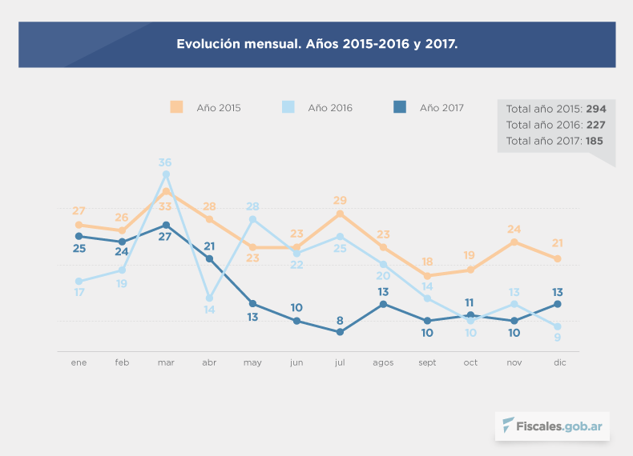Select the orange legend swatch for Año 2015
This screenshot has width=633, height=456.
pyautogui.click(x=176, y=107)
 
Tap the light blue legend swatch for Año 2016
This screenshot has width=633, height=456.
pyautogui.click(x=288, y=107)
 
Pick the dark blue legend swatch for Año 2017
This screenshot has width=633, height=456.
pyautogui.click(x=401, y=107)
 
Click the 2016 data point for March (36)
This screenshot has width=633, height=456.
pyautogui.click(x=166, y=174)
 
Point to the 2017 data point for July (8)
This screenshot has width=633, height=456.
pyautogui.click(x=340, y=332)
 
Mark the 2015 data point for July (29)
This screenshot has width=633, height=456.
pyautogui.click(x=340, y=214)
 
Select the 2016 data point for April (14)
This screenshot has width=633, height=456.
pyautogui.click(x=209, y=298)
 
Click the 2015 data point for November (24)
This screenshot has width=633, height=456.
pyautogui.click(x=514, y=242)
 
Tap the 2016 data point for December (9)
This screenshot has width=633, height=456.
pyautogui.click(x=557, y=326)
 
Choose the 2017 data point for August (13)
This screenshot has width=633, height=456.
pyautogui.click(x=383, y=304)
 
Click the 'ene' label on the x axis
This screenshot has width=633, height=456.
pyautogui.click(x=79, y=362)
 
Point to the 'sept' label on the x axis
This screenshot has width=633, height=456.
pyautogui.click(x=427, y=362)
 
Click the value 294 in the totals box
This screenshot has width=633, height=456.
pyautogui.click(x=596, y=109)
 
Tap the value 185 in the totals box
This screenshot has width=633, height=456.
pyautogui.click(x=594, y=141)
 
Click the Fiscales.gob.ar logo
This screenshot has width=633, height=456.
pyautogui.click(x=552, y=426)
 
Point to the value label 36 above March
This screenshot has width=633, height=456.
pyautogui.click(x=166, y=162)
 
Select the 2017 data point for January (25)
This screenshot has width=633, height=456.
pyautogui.click(x=79, y=236)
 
